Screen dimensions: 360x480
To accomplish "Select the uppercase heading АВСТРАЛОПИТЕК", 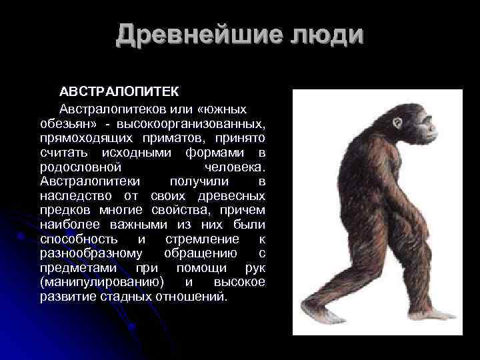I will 119,91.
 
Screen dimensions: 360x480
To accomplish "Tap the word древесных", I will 233,196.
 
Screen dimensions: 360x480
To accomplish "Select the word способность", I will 79,239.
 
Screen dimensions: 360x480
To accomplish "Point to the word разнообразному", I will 91,254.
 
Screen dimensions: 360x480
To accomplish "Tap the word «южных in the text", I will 215,109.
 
